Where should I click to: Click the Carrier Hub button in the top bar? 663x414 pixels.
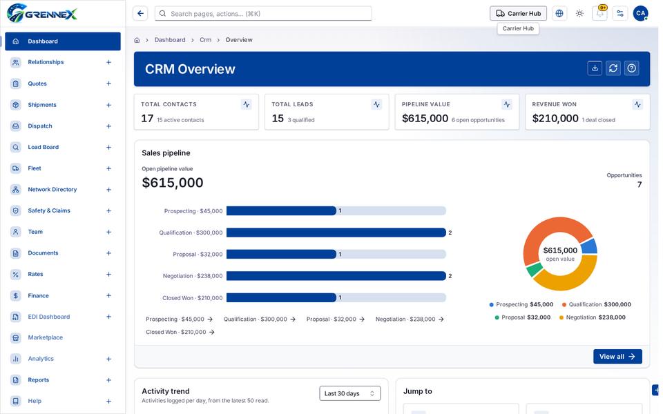tap(518, 14)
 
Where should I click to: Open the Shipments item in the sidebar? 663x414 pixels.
tap(42, 105)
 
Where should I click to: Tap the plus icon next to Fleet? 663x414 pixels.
tap(108, 168)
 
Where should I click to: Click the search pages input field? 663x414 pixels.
tap(263, 14)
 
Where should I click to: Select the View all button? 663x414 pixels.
tap(617, 357)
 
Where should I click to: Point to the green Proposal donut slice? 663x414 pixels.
tap(535, 269)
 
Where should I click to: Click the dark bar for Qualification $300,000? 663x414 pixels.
tap(336, 233)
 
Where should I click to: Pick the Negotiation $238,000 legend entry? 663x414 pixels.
tap(592, 317)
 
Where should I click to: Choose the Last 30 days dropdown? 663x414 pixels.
tap(349, 393)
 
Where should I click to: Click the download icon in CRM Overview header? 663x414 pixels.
tap(595, 68)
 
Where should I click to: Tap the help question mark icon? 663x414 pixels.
tap(631, 68)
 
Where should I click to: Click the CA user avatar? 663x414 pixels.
tap(640, 14)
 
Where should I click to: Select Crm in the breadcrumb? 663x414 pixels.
tap(206, 40)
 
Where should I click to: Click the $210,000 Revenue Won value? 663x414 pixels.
tap(555, 119)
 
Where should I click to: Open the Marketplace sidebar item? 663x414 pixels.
tap(46, 337)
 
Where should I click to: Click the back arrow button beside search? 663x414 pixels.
tap(140, 14)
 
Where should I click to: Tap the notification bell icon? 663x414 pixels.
tap(599, 14)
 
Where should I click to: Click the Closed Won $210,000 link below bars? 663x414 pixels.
tap(180, 332)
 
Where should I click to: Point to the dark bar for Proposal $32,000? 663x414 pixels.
tap(281, 255)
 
